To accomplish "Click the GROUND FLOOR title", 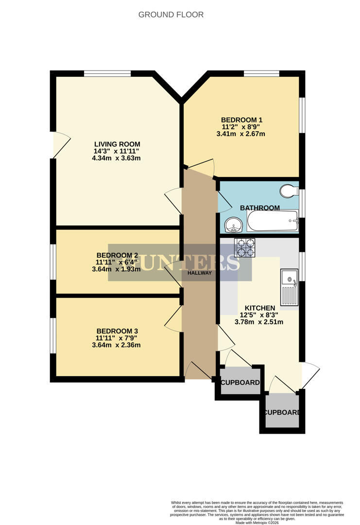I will (171, 15).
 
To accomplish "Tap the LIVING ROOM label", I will (117, 144).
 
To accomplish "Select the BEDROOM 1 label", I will (241, 120).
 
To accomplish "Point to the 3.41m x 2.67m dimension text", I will (241, 134).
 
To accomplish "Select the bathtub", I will (273, 221).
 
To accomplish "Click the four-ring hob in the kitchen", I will (244, 248).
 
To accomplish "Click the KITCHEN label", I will (259, 308).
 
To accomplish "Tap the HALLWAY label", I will (200, 273).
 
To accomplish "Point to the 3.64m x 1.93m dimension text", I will (116, 269).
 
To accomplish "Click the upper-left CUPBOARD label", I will (240, 383).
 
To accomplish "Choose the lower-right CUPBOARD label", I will (282, 413).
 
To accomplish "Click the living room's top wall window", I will (107, 74).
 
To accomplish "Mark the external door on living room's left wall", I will (58, 144).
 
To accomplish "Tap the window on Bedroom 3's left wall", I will (53, 335).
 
